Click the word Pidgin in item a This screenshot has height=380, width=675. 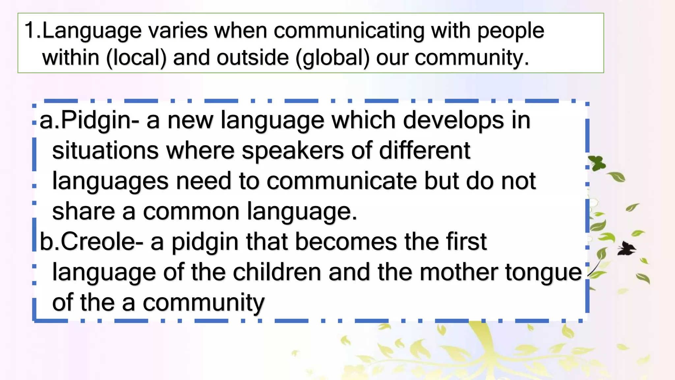tap(96, 121)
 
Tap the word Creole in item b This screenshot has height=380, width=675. tap(98, 242)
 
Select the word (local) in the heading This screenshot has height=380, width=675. tap(136, 58)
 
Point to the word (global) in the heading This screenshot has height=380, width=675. tap(333, 58)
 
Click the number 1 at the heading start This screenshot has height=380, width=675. tap(30, 30)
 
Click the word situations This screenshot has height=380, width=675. tap(105, 151)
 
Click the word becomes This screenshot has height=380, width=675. tap(346, 242)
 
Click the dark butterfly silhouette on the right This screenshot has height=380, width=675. tap(626, 249)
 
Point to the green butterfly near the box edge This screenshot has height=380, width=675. tap(597, 163)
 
